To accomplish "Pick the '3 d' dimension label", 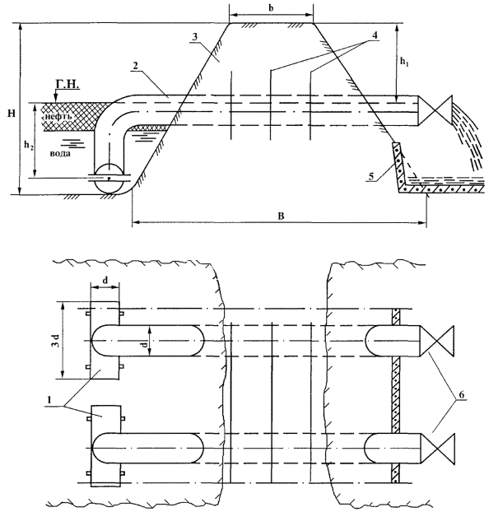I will [x=51, y=338].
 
